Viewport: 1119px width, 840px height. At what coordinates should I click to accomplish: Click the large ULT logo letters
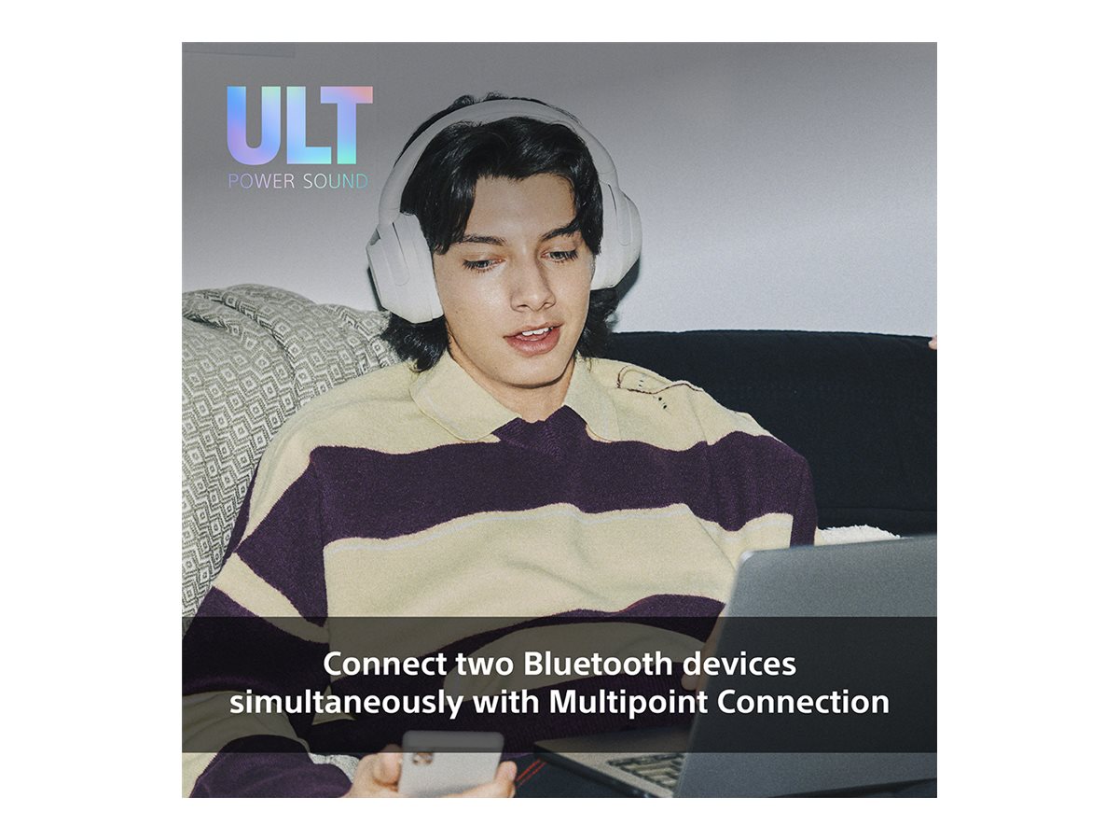point(299,125)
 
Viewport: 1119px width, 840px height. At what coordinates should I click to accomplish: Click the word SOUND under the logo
point(336,181)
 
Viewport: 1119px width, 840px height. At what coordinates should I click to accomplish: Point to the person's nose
point(531,290)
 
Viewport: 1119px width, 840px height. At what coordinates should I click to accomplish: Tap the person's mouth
point(532,339)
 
